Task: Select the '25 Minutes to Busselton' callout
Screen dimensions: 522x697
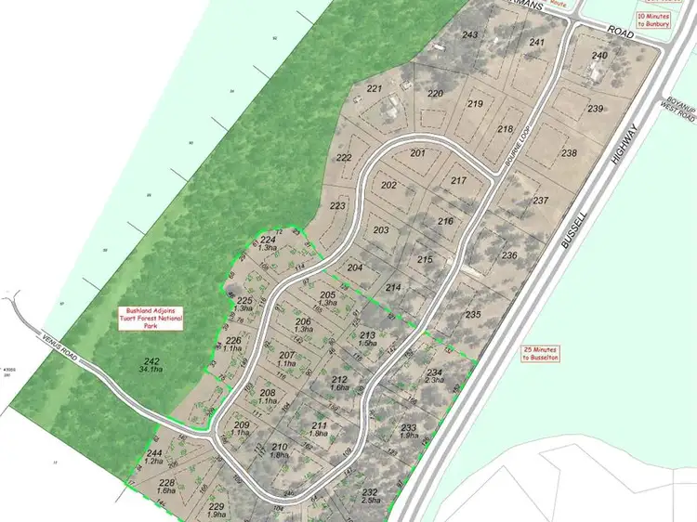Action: (x=544, y=353)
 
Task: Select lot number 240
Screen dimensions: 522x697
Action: (x=598, y=56)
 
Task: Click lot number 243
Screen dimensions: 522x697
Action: (x=470, y=35)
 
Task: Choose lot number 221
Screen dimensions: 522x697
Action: (x=375, y=88)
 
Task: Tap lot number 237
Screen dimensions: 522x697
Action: (x=541, y=201)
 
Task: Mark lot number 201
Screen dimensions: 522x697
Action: (x=417, y=152)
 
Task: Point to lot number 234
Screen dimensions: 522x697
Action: (x=435, y=372)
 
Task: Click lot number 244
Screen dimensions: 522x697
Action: (x=154, y=453)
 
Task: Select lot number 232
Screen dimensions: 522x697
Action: (x=369, y=491)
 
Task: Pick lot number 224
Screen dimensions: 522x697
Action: (x=268, y=240)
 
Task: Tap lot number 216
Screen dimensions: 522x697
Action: (x=445, y=221)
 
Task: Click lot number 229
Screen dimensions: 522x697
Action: (x=217, y=505)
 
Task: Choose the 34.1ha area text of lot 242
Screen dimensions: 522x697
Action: (x=147, y=370)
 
